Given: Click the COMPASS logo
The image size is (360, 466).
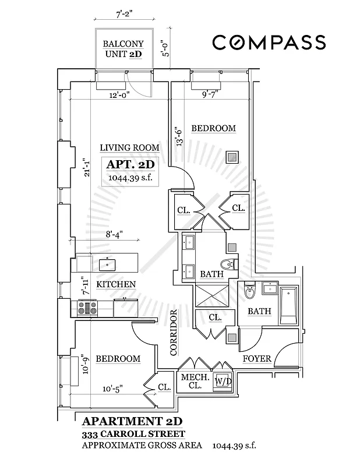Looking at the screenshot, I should pyautogui.click(x=268, y=43).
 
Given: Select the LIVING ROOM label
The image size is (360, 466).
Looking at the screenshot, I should pyautogui.click(x=129, y=148).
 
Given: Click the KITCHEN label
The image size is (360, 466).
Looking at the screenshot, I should pyautogui.click(x=116, y=284).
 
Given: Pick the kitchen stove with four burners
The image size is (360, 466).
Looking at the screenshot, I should pyautogui.click(x=88, y=306).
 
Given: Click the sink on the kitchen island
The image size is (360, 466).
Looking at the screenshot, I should pyautogui.click(x=107, y=264).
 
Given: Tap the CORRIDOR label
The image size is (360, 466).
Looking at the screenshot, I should pyautogui.click(x=173, y=333).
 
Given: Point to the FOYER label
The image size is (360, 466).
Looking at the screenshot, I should pyautogui.click(x=257, y=358).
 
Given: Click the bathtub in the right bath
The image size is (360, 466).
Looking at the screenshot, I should pyautogui.click(x=288, y=307).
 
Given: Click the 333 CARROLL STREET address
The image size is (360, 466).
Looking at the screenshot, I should pyautogui.click(x=135, y=434).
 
